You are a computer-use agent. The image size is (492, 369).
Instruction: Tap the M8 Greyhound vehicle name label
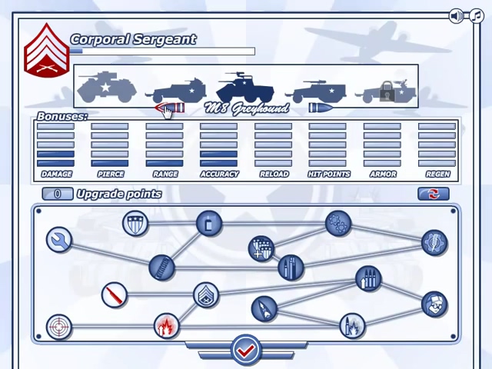pyautogui.click(x=248, y=108)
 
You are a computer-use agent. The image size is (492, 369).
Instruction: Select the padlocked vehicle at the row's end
pyautogui.click(x=386, y=90)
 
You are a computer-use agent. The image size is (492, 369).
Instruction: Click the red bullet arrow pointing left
pyautogui.click(x=171, y=108)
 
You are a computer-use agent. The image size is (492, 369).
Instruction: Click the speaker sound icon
pyautogui.click(x=457, y=16)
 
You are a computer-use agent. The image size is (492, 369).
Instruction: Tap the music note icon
pyautogui.click(x=475, y=16)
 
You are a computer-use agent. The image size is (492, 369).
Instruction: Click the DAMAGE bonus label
pyautogui.click(x=56, y=175)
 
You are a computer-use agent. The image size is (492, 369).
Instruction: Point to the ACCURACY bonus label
pyautogui.click(x=219, y=175)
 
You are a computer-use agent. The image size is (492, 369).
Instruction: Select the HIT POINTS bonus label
pyautogui.click(x=328, y=175)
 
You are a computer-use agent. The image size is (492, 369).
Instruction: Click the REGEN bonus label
pyautogui.click(x=437, y=175)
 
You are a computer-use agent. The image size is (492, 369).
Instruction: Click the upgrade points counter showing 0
pyautogui.click(x=58, y=194)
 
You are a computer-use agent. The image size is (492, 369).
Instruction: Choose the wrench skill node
pyautogui.click(x=58, y=241)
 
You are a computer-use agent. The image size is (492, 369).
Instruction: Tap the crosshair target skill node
pyautogui.click(x=58, y=327)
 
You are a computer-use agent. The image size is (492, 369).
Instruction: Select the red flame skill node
pyautogui.click(x=165, y=327)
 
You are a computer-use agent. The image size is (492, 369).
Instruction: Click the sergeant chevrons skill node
pyautogui.click(x=205, y=294)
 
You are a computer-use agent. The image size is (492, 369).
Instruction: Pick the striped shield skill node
pyautogui.click(x=135, y=224)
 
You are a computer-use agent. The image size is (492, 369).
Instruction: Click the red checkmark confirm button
pyautogui.click(x=245, y=351)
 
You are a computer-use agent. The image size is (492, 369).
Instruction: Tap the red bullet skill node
pyautogui.click(x=115, y=294)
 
